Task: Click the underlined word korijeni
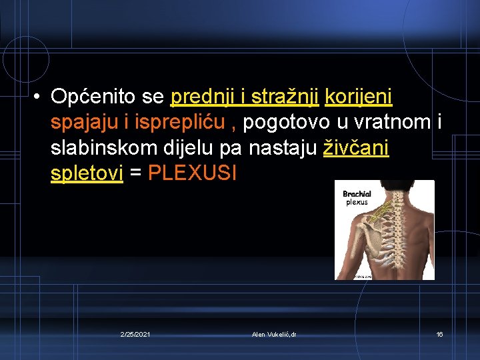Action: tap(358, 98)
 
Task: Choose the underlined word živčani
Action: tap(356, 149)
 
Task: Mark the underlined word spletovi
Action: tap(87, 174)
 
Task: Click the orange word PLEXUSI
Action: tap(192, 174)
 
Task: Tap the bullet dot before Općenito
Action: tap(34, 98)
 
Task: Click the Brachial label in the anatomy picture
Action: tap(357, 194)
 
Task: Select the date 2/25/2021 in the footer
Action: tap(135, 334)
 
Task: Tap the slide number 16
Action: tap(439, 334)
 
